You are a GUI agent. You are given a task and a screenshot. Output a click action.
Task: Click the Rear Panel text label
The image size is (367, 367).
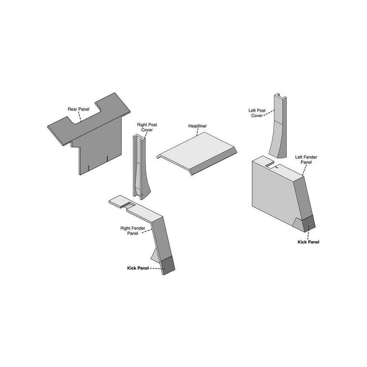point(79,109)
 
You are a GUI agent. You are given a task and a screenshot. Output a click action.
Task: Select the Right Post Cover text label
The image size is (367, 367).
point(147,127)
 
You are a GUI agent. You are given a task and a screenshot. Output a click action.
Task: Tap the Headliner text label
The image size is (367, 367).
point(197,126)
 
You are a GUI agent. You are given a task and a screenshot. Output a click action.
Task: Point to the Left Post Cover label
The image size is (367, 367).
point(257,113)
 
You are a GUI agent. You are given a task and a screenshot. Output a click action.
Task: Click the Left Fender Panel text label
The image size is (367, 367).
point(306,159)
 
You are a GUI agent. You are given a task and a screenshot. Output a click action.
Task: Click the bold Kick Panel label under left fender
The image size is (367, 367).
point(308,242)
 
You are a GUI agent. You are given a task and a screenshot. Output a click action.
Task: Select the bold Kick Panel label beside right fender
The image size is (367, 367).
point(138,268)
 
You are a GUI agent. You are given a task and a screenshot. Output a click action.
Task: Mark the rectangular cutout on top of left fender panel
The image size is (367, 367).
point(273,165)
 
